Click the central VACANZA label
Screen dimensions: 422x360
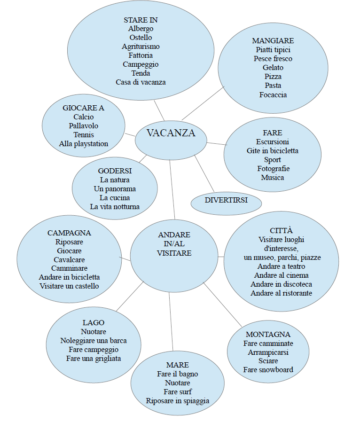[x=171, y=133]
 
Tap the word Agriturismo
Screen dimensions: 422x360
[x=141, y=47]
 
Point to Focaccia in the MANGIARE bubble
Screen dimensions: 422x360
[x=273, y=94]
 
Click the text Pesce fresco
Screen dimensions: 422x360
[x=273, y=59]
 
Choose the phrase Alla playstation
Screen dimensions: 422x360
[x=84, y=144]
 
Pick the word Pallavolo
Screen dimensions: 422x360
[x=84, y=126]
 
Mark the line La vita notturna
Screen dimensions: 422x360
[x=115, y=206]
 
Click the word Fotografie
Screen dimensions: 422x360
[x=273, y=169]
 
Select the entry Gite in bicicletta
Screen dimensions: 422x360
[x=273, y=151]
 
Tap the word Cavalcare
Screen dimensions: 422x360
[x=69, y=259]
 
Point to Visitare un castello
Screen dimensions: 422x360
[x=69, y=286]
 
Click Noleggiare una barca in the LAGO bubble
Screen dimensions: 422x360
[x=94, y=341]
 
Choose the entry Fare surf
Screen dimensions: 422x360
[x=178, y=391]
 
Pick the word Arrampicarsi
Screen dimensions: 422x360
[x=268, y=352]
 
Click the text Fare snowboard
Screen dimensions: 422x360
[x=268, y=369]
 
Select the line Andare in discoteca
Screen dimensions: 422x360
[x=281, y=284]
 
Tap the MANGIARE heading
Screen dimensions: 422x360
[x=273, y=41]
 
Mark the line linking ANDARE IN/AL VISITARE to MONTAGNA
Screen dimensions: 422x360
[x=222, y=304]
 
